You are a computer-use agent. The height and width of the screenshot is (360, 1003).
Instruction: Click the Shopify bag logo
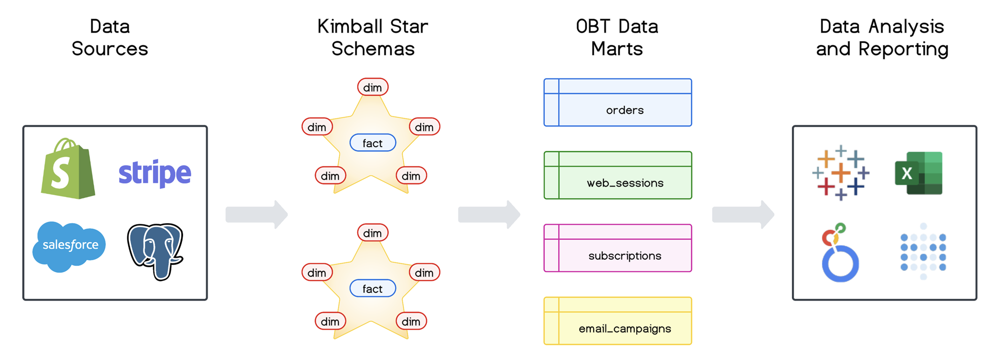pos(68,169)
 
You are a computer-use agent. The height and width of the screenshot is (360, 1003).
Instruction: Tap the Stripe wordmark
pos(154,173)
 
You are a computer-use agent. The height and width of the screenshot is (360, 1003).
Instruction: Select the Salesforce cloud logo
pos(69,246)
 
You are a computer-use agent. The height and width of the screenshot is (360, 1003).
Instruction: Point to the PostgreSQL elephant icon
pos(155,251)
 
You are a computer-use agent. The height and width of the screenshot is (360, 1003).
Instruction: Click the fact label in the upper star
pos(373,143)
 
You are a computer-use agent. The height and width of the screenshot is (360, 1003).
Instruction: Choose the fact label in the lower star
pos(373,288)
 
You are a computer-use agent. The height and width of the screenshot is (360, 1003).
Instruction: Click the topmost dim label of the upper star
pos(373,87)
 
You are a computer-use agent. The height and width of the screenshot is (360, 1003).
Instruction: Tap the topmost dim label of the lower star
pos(373,233)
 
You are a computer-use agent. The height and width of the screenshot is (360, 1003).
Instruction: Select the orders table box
pos(618,103)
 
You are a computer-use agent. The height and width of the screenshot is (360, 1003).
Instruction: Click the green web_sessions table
pos(618,175)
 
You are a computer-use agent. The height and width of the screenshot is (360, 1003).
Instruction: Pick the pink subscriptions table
pos(618,248)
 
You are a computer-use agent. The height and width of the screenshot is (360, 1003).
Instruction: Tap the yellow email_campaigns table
pos(618,321)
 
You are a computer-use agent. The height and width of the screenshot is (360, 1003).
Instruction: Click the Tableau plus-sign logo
pos(841,173)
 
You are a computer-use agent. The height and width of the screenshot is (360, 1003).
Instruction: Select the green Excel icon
pos(919,173)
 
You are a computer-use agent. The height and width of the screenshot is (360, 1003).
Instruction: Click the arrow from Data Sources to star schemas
pos(256,215)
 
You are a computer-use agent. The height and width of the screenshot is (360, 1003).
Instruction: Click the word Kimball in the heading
pos(351,27)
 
